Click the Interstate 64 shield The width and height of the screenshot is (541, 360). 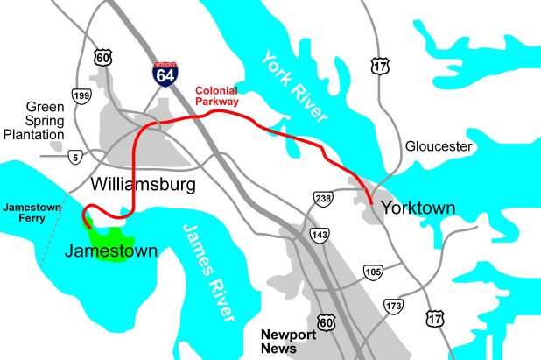[x=166, y=72]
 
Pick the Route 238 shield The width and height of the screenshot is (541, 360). [x=323, y=200]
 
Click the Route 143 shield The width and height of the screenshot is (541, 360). [x=320, y=235]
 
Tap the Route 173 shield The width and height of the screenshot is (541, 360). [x=393, y=306]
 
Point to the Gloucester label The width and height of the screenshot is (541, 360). [x=439, y=146]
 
